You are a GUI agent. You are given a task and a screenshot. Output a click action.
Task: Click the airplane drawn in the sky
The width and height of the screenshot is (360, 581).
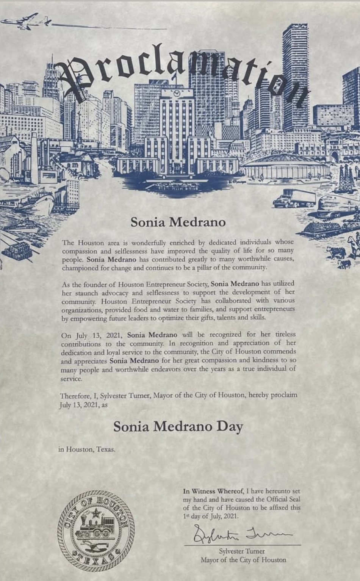[x=25, y=22]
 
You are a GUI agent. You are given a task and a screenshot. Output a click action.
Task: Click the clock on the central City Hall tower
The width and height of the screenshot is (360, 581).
[x=177, y=93]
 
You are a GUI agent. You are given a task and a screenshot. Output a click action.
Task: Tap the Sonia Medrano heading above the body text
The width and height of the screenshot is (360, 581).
[x=178, y=222]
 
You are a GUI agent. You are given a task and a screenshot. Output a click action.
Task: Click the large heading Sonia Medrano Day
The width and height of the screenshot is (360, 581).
[x=178, y=426]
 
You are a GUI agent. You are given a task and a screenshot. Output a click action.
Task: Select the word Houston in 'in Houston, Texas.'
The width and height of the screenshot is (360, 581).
[x=79, y=449]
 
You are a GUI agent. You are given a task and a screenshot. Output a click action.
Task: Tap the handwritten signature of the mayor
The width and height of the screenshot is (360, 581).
[x=243, y=534]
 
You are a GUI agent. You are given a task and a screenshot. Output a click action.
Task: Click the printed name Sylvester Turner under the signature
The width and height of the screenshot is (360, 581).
[x=242, y=551]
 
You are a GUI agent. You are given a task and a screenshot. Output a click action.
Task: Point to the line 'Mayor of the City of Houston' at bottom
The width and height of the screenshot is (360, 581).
[x=243, y=560]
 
